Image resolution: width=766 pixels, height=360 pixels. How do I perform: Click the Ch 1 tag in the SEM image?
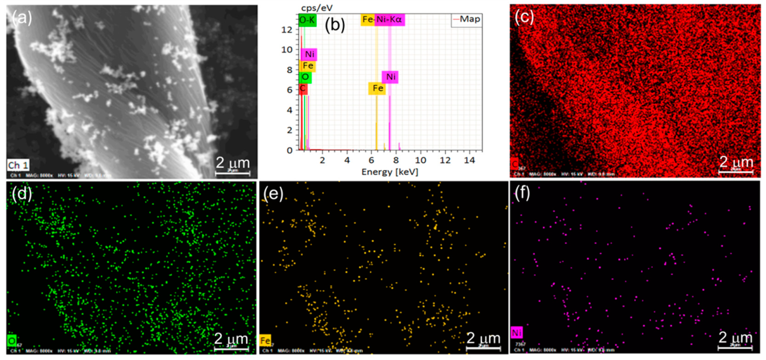18,165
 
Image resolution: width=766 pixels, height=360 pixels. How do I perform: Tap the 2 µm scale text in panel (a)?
232,163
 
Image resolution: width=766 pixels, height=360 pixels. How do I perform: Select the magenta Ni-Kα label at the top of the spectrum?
389,20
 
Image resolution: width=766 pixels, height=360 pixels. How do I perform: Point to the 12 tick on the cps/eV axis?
287,30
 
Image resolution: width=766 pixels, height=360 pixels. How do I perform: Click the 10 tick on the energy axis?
420,160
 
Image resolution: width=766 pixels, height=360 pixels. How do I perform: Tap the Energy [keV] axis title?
390,172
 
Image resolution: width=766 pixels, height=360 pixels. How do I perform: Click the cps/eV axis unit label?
317,8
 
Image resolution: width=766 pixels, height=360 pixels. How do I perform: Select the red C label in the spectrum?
303,88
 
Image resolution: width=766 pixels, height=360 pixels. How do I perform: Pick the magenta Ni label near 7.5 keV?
390,77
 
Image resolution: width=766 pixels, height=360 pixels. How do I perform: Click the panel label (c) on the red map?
524,17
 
